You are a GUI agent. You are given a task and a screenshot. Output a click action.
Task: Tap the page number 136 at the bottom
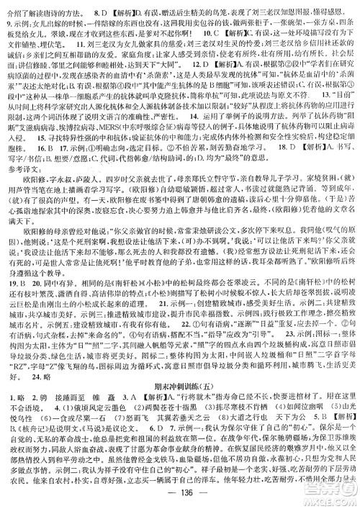180,500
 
